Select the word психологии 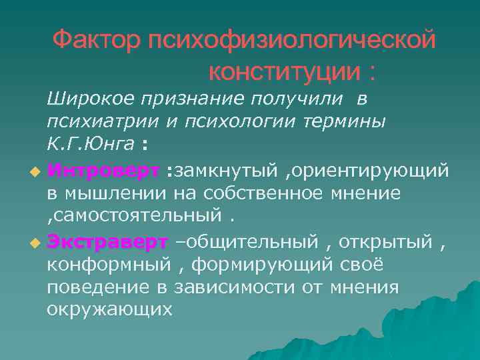[x=237, y=122]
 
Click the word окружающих [x=109, y=309]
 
